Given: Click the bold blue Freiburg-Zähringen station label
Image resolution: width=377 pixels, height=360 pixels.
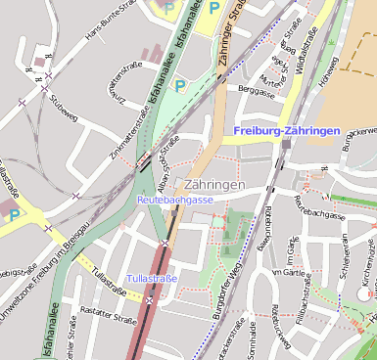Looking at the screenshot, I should [x=287, y=130].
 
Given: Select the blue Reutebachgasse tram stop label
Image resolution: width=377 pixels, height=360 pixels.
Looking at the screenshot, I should [x=174, y=200].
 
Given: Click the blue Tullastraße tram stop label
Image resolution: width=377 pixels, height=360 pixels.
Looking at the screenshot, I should [x=151, y=279].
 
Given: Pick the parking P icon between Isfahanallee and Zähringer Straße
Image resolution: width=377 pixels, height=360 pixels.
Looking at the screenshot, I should [x=180, y=85].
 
